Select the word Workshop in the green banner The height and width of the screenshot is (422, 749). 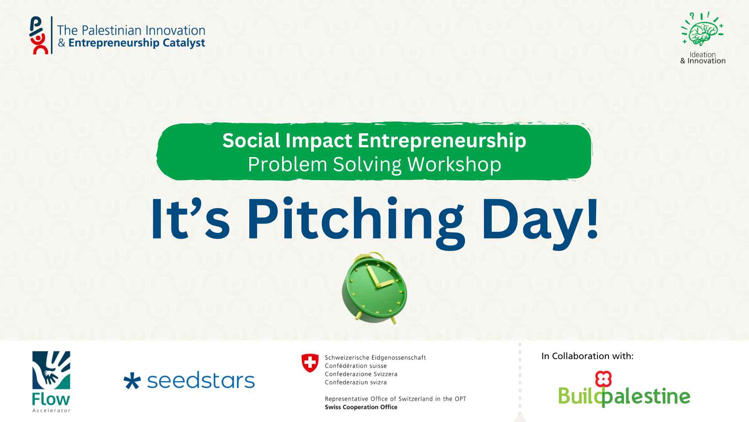coord(454,164)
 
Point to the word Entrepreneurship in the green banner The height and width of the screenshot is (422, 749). coord(442,141)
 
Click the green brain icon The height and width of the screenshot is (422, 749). coord(703,29)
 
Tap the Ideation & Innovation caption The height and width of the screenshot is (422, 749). coord(703,58)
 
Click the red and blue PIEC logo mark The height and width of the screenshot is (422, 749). coord(39,36)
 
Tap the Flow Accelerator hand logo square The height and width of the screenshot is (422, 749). coord(51,370)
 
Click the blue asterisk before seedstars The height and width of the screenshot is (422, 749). coord(132,381)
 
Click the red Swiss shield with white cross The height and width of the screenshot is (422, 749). coord(310,363)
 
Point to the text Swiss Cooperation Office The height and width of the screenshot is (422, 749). coord(361,407)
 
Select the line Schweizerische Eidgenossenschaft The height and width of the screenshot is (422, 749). coord(375,358)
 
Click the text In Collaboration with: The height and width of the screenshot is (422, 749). coord(587,356)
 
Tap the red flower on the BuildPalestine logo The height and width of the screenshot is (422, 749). coord(603,379)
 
